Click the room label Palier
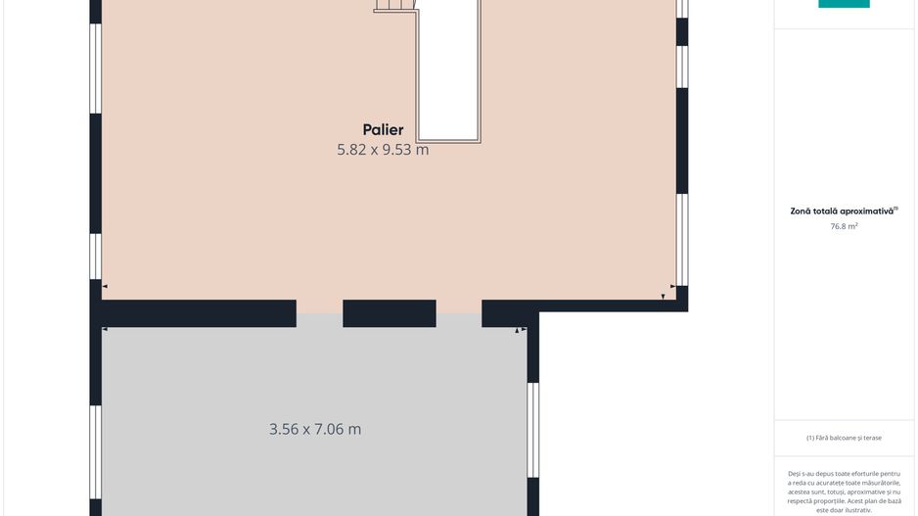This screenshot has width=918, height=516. (x=383, y=130)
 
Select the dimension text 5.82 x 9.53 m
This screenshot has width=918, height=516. (x=383, y=150)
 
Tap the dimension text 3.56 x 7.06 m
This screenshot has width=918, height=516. (x=315, y=429)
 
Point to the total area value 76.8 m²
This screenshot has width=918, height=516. (x=844, y=226)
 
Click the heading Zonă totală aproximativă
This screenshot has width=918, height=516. (x=844, y=211)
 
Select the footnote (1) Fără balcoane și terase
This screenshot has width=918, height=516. (x=844, y=438)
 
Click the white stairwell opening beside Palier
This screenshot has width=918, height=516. (x=448, y=70)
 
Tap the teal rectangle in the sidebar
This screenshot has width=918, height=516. (x=844, y=4)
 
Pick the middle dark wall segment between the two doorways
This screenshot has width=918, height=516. (x=390, y=313)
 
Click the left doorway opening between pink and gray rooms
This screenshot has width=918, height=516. (x=320, y=313)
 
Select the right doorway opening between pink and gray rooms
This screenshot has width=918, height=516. (x=459, y=313)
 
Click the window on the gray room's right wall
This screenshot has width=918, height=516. (x=532, y=430)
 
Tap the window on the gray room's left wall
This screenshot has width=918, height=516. (x=96, y=452)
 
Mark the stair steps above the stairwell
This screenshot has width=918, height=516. (x=395, y=5)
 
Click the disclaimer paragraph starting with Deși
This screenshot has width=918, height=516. (x=844, y=492)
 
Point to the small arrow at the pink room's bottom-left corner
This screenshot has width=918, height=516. (x=105, y=287)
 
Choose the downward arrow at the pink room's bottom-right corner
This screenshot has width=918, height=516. (x=663, y=297)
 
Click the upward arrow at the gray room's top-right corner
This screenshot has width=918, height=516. (x=517, y=331)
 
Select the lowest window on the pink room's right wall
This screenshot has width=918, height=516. (x=682, y=240)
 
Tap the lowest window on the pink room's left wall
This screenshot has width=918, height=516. (x=96, y=257)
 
